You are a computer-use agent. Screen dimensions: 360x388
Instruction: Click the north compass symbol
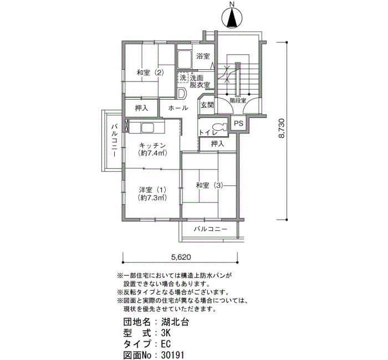232,18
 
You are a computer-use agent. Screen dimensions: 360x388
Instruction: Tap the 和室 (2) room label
150,73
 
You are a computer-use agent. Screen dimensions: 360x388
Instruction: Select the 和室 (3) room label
208,185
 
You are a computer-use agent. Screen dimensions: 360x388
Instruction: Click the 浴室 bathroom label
203,56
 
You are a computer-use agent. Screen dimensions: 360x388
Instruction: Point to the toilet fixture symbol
219,127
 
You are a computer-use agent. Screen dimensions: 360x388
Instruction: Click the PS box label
238,124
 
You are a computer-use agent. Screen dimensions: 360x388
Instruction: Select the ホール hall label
178,107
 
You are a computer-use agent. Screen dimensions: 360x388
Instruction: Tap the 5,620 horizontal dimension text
181,256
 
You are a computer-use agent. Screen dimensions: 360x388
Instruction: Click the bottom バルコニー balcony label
211,228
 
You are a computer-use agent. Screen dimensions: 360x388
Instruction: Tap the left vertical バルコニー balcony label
114,141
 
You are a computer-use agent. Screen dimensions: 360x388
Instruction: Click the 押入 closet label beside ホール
142,107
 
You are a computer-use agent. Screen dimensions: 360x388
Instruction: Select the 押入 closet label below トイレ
218,144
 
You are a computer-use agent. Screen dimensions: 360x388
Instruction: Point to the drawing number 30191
173,355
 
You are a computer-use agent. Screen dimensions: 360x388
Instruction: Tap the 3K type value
166,333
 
